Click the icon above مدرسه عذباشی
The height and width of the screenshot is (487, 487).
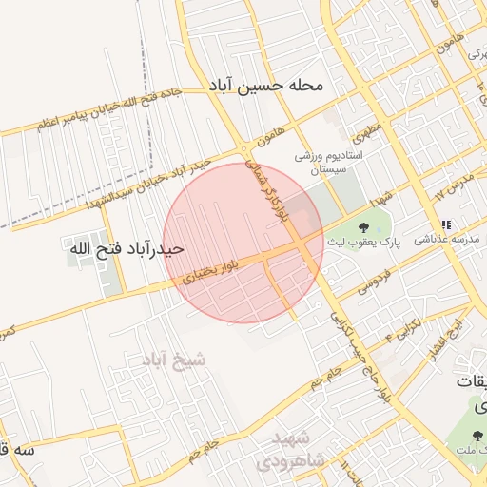(445, 225)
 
